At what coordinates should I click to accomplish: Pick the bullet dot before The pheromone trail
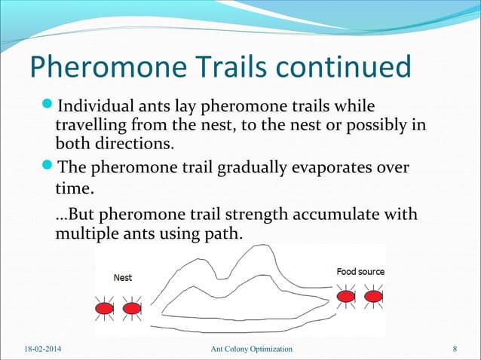(x=49, y=167)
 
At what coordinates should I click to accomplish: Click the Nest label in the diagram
(x=122, y=278)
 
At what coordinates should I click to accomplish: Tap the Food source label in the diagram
(x=360, y=271)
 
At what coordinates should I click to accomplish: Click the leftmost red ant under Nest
(x=104, y=308)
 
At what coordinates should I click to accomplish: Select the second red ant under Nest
(x=131, y=308)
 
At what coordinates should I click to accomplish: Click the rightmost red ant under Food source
(x=373, y=296)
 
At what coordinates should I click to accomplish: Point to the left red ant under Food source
(x=346, y=296)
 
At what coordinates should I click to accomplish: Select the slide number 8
(x=455, y=349)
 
